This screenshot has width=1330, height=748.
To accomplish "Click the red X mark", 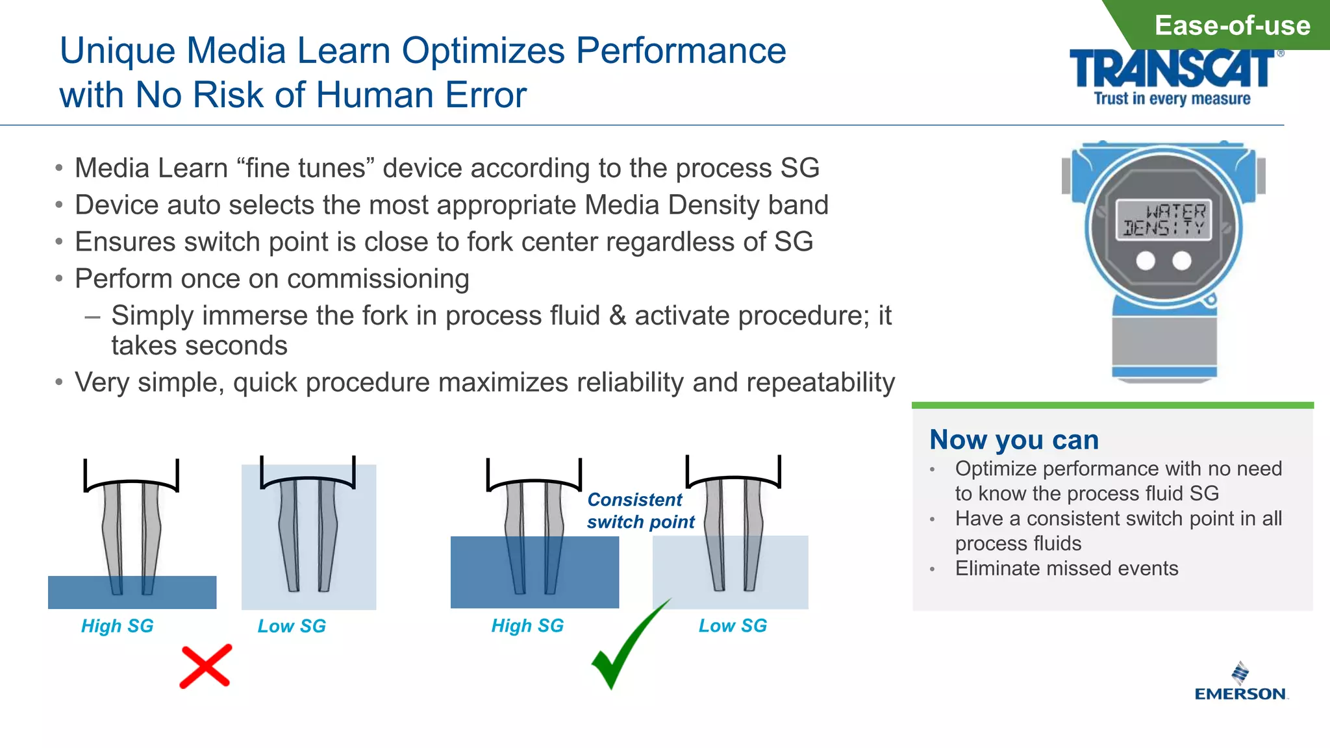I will pos(205,666).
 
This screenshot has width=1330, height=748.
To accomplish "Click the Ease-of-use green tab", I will pos(1231,26).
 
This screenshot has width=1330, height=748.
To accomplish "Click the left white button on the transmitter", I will pos(1146,261).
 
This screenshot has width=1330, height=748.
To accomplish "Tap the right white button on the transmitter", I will pos(1182,261).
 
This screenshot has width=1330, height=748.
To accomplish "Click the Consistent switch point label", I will pos(640,511).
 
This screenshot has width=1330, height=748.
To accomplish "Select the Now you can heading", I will pos(1014,440).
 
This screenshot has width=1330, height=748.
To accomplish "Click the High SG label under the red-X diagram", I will pos(117,626).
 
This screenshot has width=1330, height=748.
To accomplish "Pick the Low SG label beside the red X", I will pos(292,626).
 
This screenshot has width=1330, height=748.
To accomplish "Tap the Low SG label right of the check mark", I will pos(733,625).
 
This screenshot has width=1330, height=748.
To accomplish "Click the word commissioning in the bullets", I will pos(378,279).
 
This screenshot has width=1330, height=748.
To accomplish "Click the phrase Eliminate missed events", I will pos(1066,569).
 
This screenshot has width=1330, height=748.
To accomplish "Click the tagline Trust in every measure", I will pos(1172,99).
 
